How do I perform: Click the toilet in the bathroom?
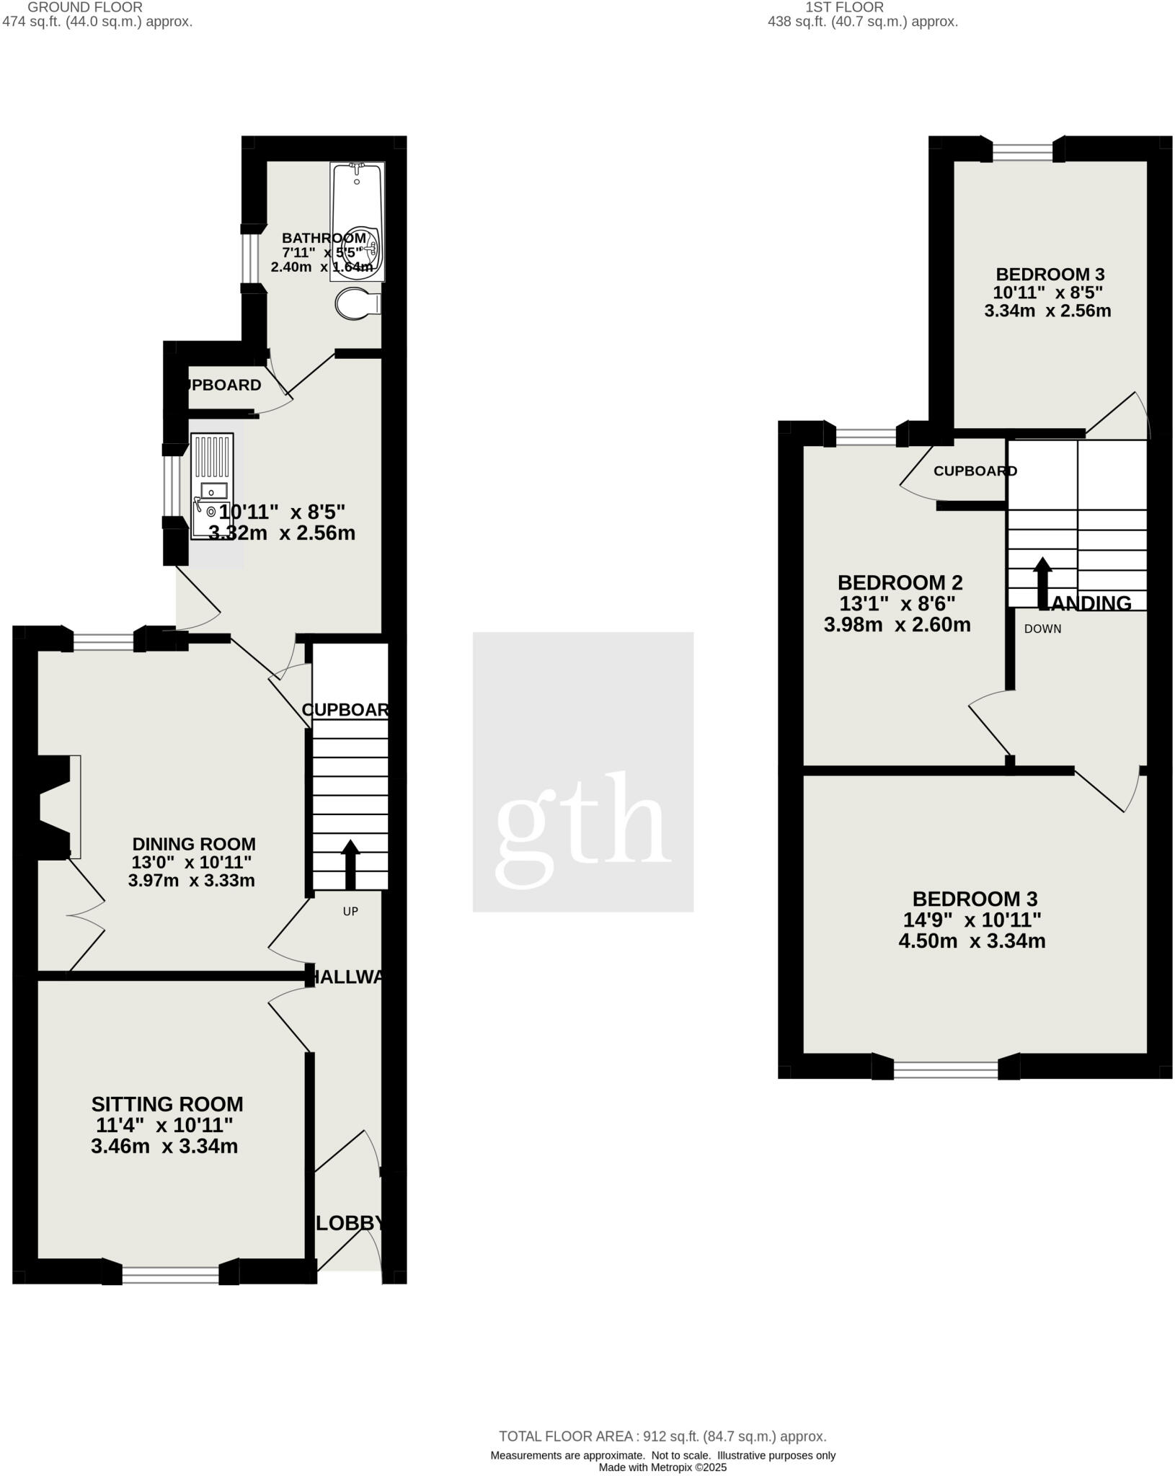click(356, 304)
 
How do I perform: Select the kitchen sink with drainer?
click(211, 485)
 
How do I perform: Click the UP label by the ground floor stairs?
click(350, 912)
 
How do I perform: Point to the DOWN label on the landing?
click(1042, 628)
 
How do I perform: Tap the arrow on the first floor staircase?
click(1042, 582)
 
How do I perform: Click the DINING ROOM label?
click(194, 844)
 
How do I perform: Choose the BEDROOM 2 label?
click(900, 582)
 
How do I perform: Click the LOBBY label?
click(350, 1223)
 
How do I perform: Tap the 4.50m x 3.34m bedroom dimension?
click(972, 941)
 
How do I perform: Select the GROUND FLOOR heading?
click(84, 6)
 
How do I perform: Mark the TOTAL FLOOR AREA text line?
click(662, 1436)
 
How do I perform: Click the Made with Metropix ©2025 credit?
click(662, 1467)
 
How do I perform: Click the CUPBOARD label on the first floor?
click(975, 471)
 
